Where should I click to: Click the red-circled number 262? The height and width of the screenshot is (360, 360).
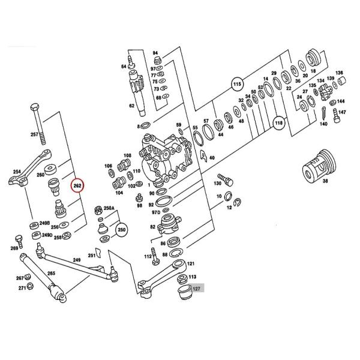pos(78,186)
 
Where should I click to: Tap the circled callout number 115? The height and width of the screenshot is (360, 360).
pos(237,85)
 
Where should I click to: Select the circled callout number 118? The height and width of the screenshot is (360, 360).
pos(278,124)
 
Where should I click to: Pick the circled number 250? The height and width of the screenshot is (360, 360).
pos(122,230)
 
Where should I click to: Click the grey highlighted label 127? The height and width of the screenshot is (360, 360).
pos(197,289)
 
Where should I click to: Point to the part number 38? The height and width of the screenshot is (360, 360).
pos(326,181)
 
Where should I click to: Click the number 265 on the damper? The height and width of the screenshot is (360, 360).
pos(51,274)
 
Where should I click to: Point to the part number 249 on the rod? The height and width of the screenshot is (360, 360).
pos(76,260)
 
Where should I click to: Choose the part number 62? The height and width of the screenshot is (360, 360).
pos(131,106)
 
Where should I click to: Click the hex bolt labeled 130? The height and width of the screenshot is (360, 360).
pos(224,178)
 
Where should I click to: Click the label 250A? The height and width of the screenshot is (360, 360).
pos(109,208)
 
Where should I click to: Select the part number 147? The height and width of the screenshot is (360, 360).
pos(342,112)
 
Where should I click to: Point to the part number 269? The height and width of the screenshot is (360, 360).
pos(14,248)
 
